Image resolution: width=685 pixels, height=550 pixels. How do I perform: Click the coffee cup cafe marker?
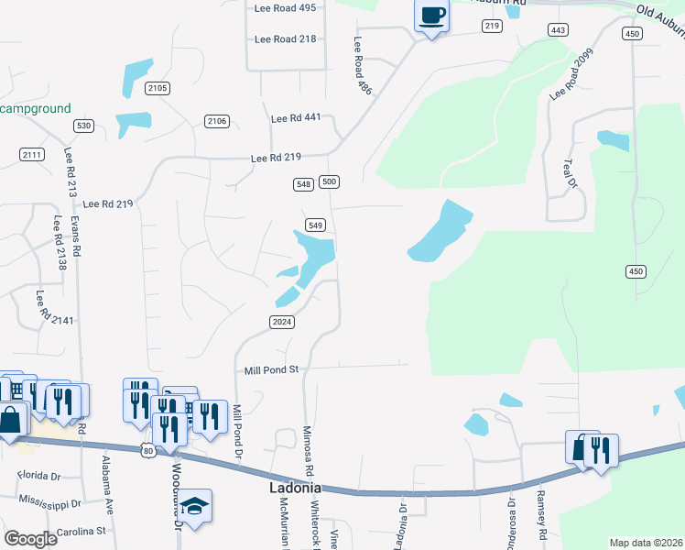(431, 16)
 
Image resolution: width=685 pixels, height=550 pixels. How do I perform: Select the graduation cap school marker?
(195, 507)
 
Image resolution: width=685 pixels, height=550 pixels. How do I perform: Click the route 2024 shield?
(281, 322)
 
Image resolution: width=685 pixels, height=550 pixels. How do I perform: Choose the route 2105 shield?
(158, 88)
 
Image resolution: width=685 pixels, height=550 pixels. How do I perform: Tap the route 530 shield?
(84, 126)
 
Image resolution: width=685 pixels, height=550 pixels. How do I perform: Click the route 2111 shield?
(32, 154)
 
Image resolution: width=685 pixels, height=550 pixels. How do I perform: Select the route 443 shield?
(557, 30)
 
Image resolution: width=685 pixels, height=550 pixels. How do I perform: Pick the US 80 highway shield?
(149, 449)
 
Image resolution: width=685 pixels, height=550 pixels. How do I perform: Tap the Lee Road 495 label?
(285, 7)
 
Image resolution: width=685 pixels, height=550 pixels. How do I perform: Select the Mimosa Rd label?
(308, 448)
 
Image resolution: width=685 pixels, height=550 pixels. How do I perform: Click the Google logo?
(31, 539)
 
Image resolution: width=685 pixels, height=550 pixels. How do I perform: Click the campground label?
(35, 108)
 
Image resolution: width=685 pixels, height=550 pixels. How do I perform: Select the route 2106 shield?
(217, 121)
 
